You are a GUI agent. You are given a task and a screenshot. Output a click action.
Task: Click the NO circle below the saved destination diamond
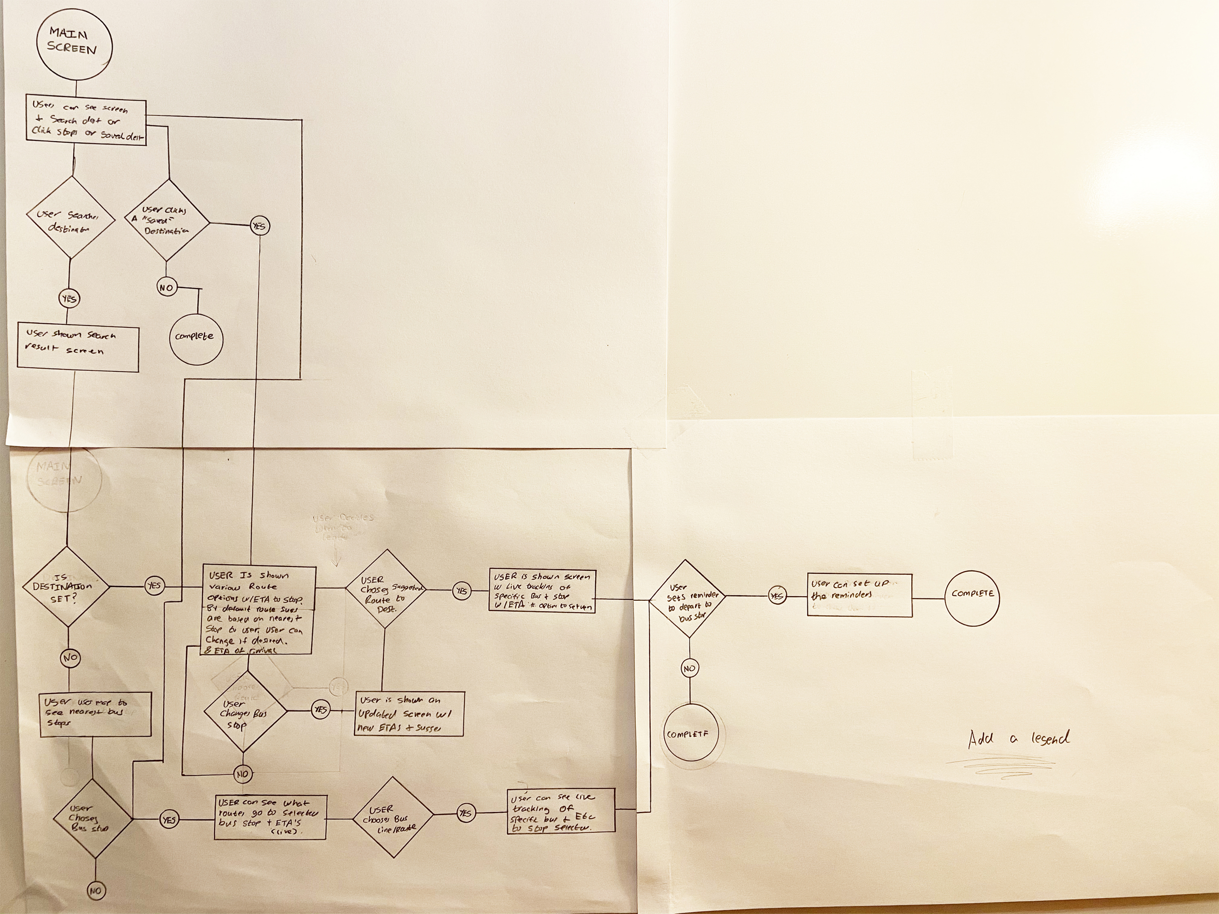[166, 288]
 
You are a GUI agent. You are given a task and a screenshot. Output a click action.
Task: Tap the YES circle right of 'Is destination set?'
[154, 586]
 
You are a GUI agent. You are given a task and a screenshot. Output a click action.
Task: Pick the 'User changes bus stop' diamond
[244, 711]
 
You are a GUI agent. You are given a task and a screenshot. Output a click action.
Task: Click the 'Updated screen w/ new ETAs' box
[409, 713]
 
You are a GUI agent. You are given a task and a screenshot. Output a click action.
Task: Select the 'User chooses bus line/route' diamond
[393, 818]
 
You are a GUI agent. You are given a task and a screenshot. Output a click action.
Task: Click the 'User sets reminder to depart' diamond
[688, 599]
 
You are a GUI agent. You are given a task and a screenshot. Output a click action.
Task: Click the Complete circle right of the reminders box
[972, 594]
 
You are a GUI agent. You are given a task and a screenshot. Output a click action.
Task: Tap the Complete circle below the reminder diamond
[691, 734]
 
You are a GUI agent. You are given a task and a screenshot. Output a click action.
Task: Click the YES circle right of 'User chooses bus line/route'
[466, 813]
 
